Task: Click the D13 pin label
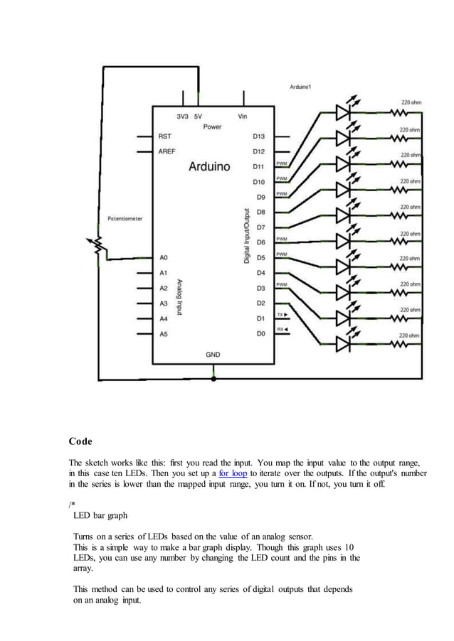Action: click(258, 136)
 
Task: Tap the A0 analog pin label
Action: click(164, 257)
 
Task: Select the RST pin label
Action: click(164, 136)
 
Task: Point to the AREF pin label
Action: click(167, 151)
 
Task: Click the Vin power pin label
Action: click(243, 116)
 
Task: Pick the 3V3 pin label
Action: click(182, 116)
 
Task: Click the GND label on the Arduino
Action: click(213, 354)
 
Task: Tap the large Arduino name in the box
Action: click(209, 167)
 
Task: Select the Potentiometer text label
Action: click(125, 219)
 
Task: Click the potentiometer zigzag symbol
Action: click(100, 247)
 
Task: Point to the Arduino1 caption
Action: click(300, 87)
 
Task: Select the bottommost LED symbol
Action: click(344, 344)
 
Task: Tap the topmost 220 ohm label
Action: click(411, 102)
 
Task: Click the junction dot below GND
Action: click(213, 379)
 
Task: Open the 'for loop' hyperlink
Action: click(233, 473)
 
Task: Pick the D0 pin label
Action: click(260, 333)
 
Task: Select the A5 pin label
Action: click(164, 333)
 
